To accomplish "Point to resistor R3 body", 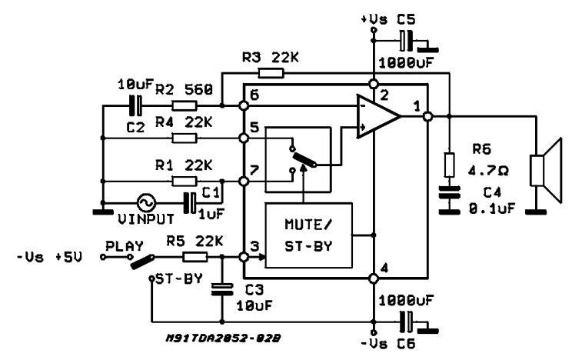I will pos(271,74).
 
